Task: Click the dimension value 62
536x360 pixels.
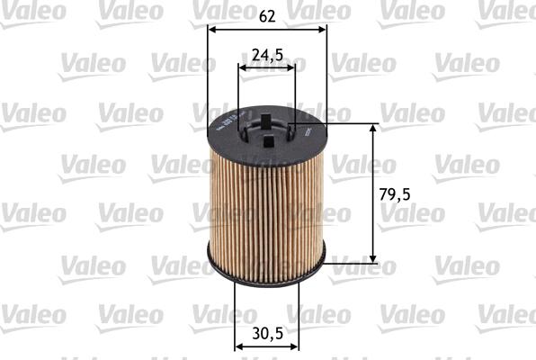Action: pos(266,14)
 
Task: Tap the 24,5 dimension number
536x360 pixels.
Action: pos(267,55)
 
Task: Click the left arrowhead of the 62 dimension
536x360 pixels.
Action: pos(211,29)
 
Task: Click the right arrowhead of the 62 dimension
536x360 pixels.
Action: pos(322,29)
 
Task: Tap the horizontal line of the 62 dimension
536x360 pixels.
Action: pos(266,29)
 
